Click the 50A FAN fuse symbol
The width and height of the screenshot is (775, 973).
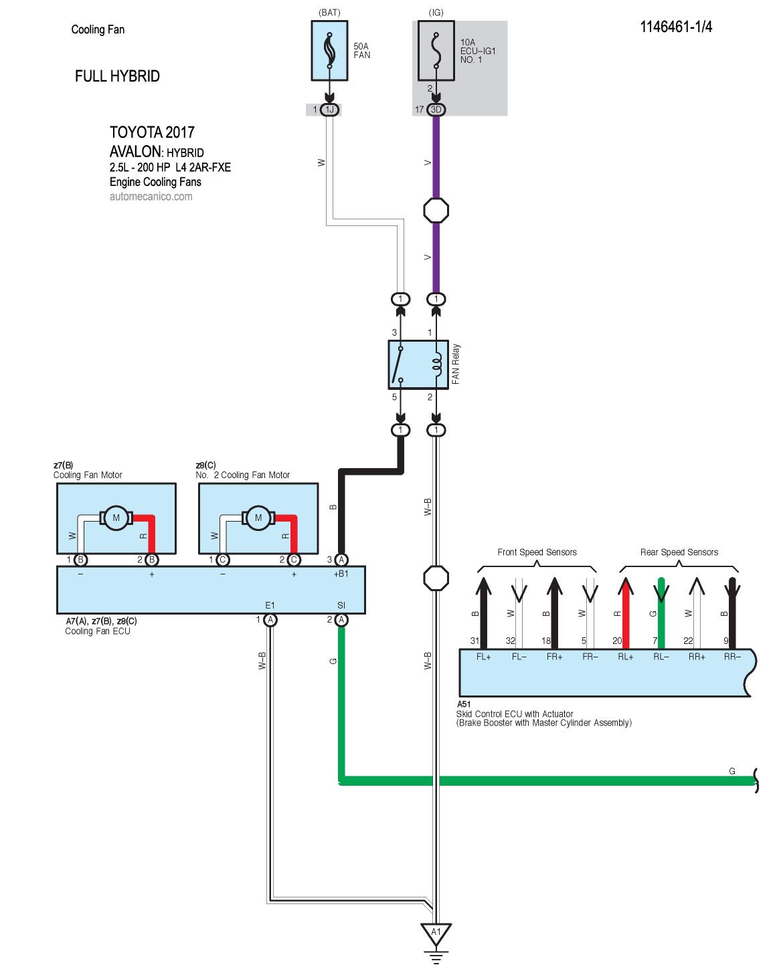[x=329, y=51]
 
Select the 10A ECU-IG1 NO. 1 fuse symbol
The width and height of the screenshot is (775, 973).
[x=436, y=51]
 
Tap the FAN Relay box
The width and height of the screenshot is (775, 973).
[x=418, y=364]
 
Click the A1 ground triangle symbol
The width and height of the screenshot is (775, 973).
[x=436, y=933]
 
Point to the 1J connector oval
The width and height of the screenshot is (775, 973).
[x=329, y=110]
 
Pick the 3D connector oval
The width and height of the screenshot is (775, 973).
[x=436, y=110]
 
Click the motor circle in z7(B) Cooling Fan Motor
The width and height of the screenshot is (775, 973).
[x=116, y=518]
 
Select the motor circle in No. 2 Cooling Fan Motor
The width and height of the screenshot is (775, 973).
[x=258, y=518]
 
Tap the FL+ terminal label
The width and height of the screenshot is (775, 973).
[x=483, y=657]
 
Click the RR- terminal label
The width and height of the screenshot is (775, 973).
[x=732, y=657]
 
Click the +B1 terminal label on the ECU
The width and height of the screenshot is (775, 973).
[x=341, y=574]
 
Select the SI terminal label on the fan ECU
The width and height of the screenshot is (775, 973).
[x=341, y=605]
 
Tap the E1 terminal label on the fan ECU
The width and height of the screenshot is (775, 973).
[x=270, y=605]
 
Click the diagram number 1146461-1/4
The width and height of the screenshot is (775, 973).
[x=676, y=27]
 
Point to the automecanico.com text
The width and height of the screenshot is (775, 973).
[x=151, y=197]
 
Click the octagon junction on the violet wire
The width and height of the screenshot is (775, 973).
[x=436, y=211]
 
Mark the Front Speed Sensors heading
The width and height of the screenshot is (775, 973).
[x=537, y=552]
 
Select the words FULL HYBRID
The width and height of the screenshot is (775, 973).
[x=117, y=76]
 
